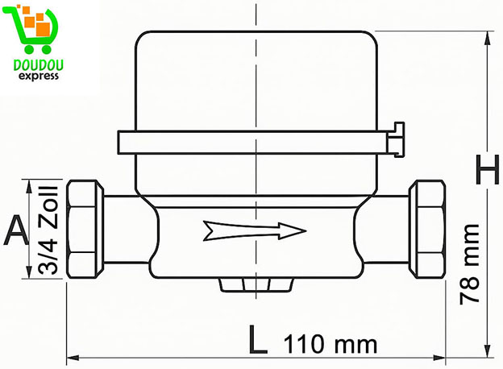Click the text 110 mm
point(330,345)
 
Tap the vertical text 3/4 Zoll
point(46,230)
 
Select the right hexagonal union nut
point(426,230)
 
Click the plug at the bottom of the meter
point(253,285)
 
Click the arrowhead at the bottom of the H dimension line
point(488,349)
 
